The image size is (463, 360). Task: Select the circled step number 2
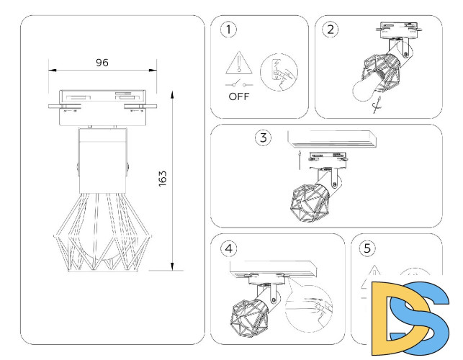click(x=331, y=30)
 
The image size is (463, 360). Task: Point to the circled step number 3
click(x=264, y=138)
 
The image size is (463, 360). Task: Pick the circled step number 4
click(x=229, y=249)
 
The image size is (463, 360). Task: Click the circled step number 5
click(x=367, y=248)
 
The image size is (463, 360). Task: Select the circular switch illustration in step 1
click(x=277, y=72)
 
